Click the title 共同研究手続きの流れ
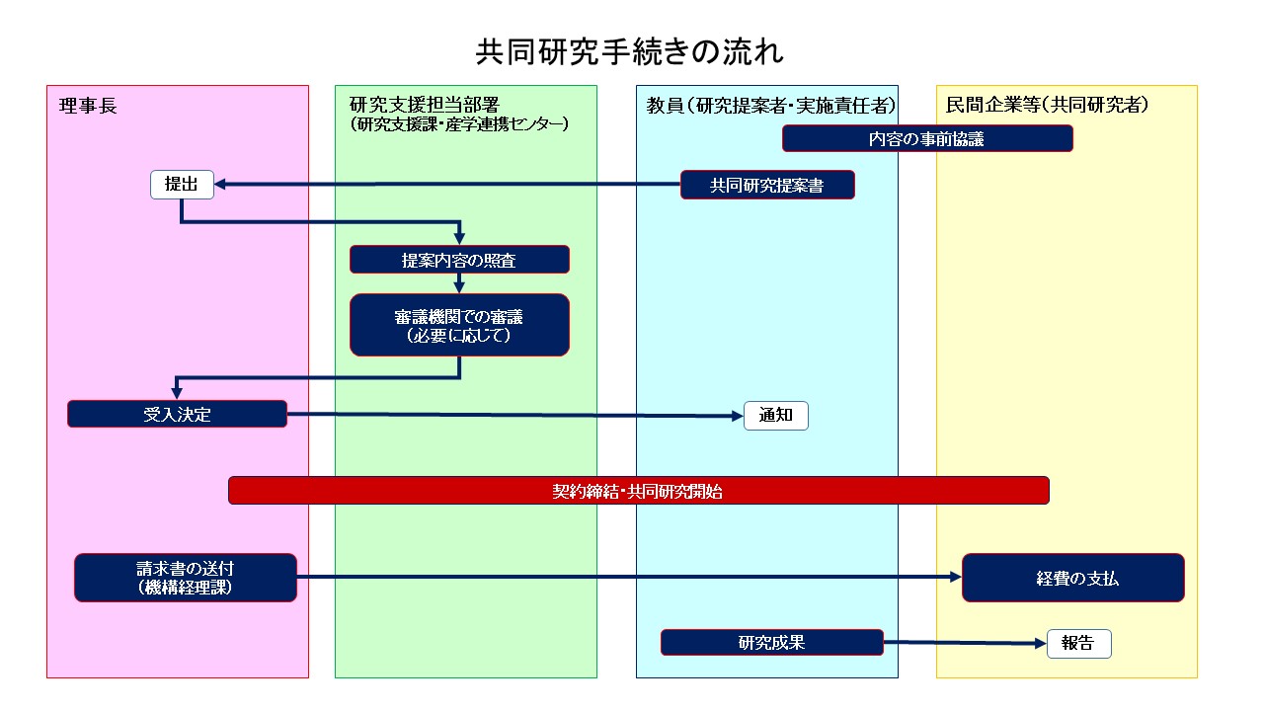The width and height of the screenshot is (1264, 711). coord(629,52)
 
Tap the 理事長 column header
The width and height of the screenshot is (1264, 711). coord(88,106)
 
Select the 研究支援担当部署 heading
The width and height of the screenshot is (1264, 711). coord(425,105)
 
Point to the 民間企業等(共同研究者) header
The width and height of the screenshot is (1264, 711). coord(1047,105)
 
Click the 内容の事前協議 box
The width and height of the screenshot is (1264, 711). coord(927,139)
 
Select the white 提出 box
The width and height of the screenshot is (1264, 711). coord(182,185)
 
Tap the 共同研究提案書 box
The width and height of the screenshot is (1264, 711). coord(767,185)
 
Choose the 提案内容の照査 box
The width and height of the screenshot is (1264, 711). coord(459,260)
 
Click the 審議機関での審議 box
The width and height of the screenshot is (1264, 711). coord(459,325)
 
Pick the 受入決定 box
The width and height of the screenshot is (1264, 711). coord(177,414)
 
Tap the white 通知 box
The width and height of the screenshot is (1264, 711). coord(776,416)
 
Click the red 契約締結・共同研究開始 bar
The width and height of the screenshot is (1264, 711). coord(639,491)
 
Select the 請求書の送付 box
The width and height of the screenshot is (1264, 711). coord(186,578)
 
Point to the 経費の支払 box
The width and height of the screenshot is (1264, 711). coord(1073,578)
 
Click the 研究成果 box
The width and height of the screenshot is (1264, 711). coord(772,642)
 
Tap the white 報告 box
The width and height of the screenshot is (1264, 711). coord(1079,644)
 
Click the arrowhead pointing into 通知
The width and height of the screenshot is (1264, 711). coord(738,416)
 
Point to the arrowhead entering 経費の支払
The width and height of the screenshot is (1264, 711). coord(956,577)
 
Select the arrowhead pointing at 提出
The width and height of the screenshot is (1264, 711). coord(220,184)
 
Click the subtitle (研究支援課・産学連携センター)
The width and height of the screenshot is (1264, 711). coord(459,124)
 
